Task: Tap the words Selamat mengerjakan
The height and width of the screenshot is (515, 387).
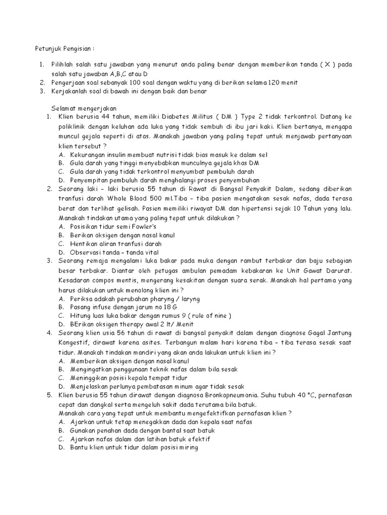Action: (x=84, y=108)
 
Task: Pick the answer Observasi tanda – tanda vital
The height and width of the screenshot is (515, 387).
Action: (x=114, y=252)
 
